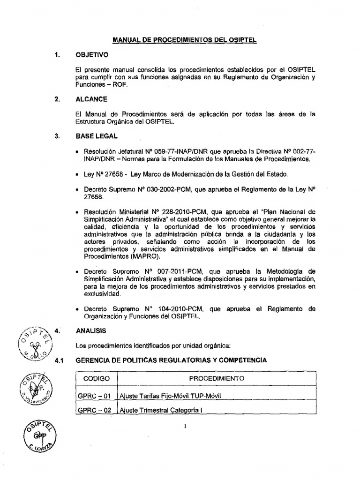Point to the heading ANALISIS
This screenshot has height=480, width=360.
tap(91, 330)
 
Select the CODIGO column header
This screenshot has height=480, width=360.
tap(96, 378)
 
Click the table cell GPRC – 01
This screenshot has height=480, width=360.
tap(94, 396)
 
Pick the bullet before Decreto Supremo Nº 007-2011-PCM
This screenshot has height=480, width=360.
tap(77, 272)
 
